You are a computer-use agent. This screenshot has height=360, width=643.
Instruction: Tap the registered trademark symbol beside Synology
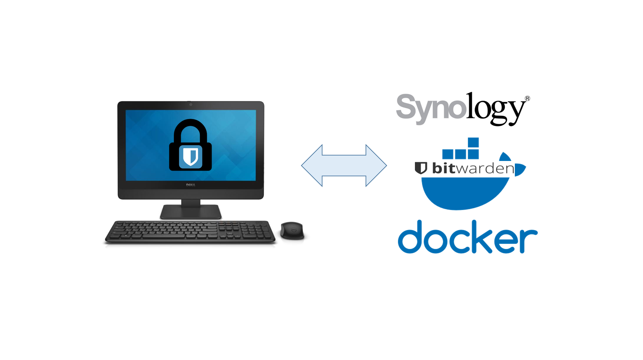(527, 98)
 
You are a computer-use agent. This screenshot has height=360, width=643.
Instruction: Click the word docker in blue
(467, 237)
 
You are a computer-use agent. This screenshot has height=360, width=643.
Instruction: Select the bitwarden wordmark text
(473, 168)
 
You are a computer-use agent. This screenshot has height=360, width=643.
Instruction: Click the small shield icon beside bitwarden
(421, 168)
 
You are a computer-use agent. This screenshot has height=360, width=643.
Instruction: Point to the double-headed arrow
(344, 165)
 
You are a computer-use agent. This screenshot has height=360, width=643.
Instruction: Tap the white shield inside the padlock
(191, 157)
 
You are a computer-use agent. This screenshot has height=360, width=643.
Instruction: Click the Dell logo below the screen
(190, 185)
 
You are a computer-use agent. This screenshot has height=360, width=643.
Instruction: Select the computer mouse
(292, 230)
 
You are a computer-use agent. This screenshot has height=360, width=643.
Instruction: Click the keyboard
(190, 232)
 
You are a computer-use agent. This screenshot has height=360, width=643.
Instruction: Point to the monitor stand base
(190, 212)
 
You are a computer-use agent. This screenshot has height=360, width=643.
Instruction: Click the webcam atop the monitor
(191, 104)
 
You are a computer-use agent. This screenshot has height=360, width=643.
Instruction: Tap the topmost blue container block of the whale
(473, 142)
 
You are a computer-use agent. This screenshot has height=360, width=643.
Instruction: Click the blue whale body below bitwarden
(465, 194)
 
